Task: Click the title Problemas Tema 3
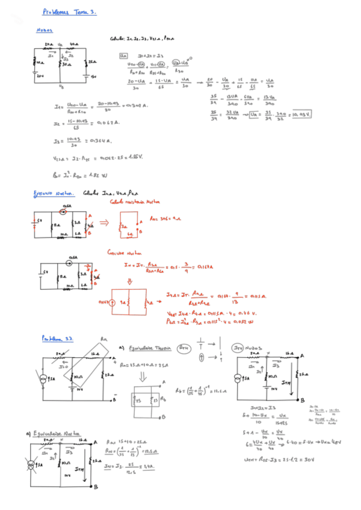pos(69,11)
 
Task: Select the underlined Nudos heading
pos(45,29)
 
